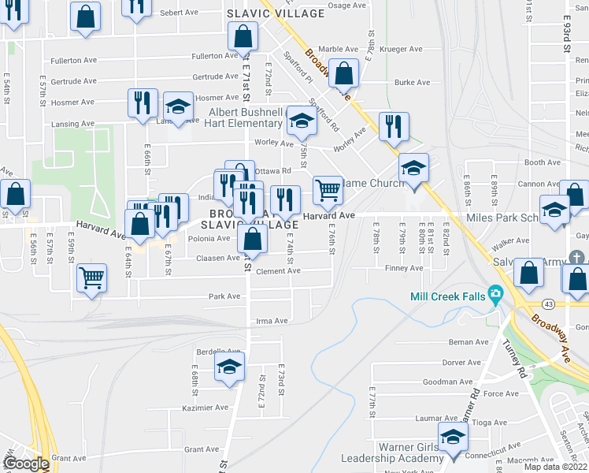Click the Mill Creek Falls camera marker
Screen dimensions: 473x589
495,296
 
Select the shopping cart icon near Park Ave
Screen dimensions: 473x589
92,278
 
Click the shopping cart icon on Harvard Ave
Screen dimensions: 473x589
327,189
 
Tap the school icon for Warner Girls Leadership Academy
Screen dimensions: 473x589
453,438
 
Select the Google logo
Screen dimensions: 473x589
26,464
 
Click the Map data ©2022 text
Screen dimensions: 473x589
555,467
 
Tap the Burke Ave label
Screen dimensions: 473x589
413,82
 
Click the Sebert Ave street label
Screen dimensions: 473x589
179,13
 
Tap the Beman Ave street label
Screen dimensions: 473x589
469,342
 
